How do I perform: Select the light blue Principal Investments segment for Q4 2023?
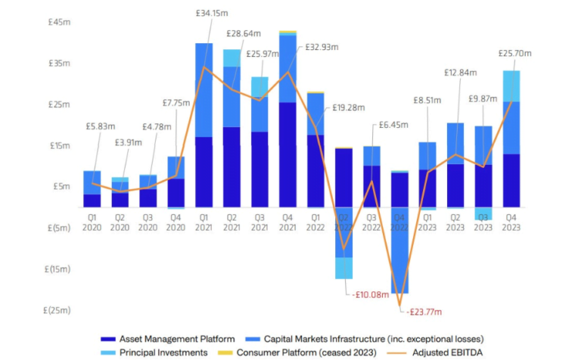pos(511,86)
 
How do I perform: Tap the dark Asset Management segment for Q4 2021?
pos(287,154)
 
